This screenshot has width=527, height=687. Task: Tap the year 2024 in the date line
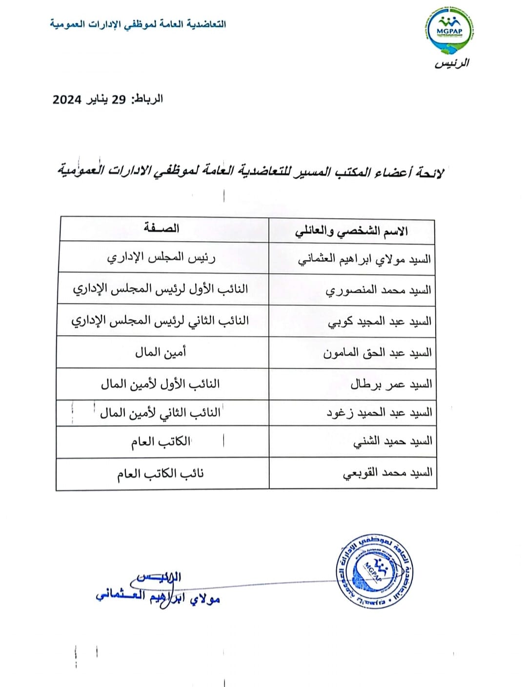tap(67, 100)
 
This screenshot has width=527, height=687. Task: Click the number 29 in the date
tap(119, 100)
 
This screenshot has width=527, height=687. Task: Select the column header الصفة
tap(162, 228)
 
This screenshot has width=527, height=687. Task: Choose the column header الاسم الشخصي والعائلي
tap(351, 231)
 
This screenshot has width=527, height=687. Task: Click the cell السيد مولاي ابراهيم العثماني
tap(365, 259)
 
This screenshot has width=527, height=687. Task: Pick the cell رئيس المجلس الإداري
tap(161, 257)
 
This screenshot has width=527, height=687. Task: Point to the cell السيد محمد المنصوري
tap(378, 290)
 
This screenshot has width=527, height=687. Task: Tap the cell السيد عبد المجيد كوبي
tap(380, 322)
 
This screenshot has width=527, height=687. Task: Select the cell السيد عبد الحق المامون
tap(377, 353)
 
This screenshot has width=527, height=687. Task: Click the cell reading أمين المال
tap(161, 352)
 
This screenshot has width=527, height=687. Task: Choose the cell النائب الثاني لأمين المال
tap(160, 413)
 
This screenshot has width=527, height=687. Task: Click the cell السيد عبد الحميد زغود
tap(379, 413)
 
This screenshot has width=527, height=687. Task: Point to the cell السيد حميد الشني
tap(392, 442)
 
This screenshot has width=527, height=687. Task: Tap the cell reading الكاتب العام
tap(161, 442)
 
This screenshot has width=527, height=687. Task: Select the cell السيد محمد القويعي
tap(387, 473)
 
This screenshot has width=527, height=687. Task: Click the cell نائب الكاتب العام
tap(160, 473)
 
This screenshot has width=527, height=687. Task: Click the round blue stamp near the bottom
tap(374, 571)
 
